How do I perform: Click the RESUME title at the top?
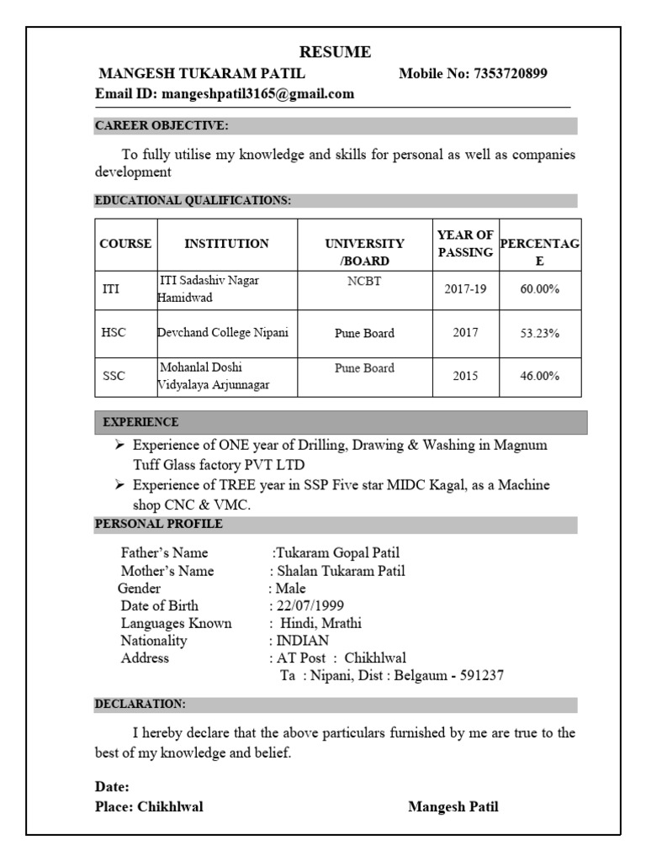click(335, 52)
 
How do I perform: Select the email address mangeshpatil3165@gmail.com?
click(258, 94)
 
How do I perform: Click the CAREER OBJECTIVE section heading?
click(161, 126)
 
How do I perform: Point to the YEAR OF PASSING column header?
click(465, 244)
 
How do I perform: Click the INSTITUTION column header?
click(227, 244)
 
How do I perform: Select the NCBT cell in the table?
click(364, 282)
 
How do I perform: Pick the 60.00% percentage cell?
click(539, 289)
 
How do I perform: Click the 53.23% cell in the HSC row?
click(539, 333)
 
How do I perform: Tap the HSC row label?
click(114, 333)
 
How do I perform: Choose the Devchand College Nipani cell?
click(224, 333)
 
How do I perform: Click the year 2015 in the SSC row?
click(465, 377)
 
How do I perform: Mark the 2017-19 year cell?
click(465, 289)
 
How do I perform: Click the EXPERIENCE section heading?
click(140, 422)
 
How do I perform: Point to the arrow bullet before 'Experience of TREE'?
click(119, 485)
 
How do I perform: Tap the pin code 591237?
click(482, 675)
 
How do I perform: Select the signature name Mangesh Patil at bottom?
click(453, 807)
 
